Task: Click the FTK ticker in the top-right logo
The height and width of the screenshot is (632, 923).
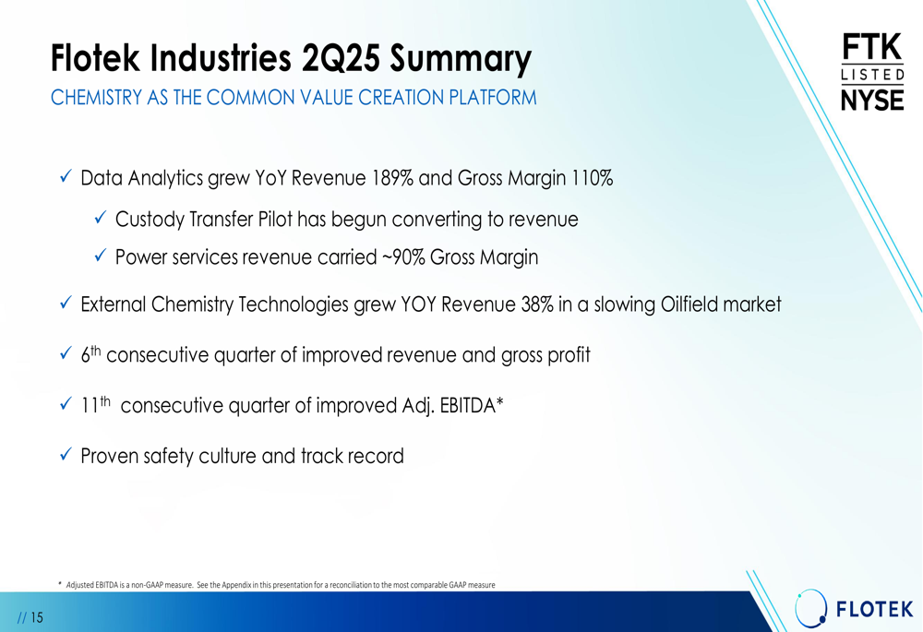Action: click(x=872, y=47)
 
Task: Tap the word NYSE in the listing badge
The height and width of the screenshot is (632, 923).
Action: click(x=872, y=100)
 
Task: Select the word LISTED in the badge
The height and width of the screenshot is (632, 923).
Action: click(x=872, y=75)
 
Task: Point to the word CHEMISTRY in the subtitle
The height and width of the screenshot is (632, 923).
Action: click(x=97, y=97)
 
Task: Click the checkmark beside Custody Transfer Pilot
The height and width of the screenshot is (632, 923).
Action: click(x=101, y=217)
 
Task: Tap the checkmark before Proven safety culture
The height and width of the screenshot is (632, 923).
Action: click(x=66, y=454)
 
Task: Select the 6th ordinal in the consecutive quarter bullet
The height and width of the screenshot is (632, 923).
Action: click(x=90, y=353)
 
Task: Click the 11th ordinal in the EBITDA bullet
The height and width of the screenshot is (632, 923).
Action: click(x=95, y=404)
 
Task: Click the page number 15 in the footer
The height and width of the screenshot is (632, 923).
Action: click(x=37, y=617)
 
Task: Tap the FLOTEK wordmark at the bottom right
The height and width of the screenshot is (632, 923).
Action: click(x=875, y=609)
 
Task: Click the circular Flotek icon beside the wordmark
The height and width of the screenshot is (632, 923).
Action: click(x=810, y=607)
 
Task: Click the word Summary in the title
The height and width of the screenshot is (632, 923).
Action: click(x=461, y=59)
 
